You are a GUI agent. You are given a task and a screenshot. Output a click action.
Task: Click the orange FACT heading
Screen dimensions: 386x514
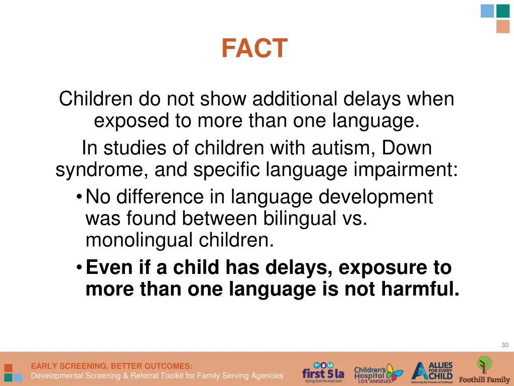tap(254, 49)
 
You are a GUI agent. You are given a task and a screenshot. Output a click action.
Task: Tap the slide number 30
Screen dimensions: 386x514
tap(504, 345)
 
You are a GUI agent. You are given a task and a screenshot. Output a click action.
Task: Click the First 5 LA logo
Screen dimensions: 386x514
tap(323, 373)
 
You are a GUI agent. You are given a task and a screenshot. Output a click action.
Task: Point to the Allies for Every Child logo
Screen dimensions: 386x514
tap(432, 372)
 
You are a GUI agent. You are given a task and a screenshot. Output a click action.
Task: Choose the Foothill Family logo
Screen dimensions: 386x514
tap(484, 370)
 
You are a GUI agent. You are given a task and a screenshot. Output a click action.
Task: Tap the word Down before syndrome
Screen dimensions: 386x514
tap(407, 148)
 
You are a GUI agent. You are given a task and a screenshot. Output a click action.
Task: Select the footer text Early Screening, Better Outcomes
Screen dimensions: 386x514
tap(111, 366)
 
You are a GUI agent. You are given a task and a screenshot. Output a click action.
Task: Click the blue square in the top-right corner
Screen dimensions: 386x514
tap(487, 11)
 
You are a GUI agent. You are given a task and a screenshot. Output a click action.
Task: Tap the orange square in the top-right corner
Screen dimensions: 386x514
tap(502, 27)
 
